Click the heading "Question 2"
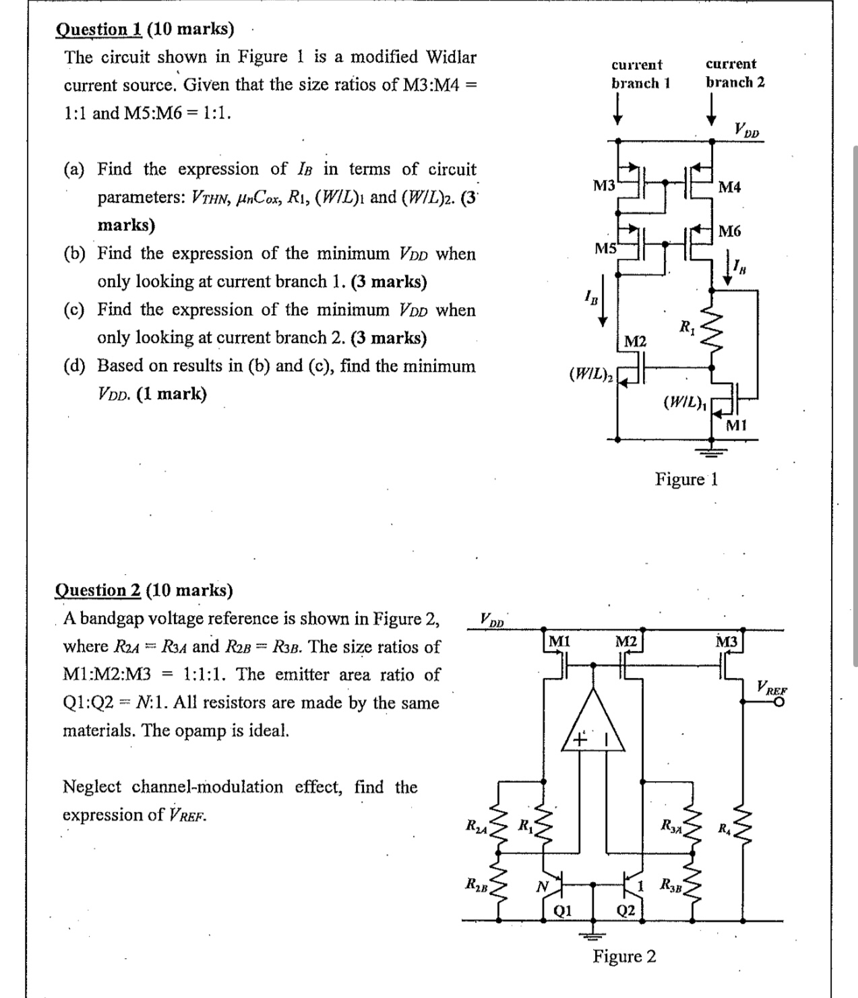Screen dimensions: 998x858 click(97, 590)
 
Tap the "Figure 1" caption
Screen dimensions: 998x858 click(687, 479)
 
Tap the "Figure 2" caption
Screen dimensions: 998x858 click(624, 956)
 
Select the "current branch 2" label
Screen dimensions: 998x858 click(734, 73)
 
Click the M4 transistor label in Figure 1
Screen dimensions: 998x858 click(730, 187)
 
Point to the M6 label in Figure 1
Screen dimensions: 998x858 click(730, 232)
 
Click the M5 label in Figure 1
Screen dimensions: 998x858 click(605, 249)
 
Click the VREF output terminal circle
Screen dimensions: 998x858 click(779, 702)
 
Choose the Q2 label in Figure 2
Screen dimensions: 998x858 click(625, 911)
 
